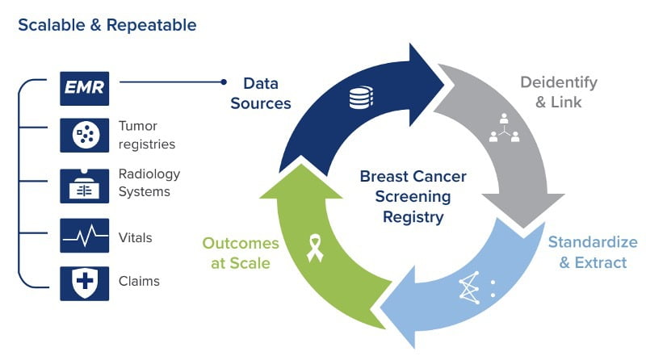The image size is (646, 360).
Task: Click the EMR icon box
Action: coord(85,89)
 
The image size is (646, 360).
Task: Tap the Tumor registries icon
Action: coord(85,135)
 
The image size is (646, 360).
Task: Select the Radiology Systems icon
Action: coord(85,186)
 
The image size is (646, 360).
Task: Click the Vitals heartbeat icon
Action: coord(85,236)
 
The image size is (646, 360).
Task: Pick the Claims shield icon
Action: coord(85,283)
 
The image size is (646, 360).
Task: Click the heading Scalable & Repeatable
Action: coord(107,25)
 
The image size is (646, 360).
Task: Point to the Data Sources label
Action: coord(261,94)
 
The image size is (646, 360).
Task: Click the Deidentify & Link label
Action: coord(559,92)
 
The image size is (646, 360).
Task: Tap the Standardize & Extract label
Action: coord(593,252)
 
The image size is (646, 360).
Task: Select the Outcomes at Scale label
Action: coord(241,253)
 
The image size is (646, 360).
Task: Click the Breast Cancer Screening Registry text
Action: coord(413,196)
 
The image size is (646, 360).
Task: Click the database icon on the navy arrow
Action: coord(361,98)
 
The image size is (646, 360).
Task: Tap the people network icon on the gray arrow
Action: coord(504,128)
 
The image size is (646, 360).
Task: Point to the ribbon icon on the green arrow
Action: coord(315,248)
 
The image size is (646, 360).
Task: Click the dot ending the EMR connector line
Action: coord(224,82)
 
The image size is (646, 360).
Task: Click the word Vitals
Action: coord(135,237)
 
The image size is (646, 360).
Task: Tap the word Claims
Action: coord(139,281)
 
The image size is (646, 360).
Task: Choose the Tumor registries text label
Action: coord(147,135)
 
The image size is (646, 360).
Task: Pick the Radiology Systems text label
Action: coord(149,182)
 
